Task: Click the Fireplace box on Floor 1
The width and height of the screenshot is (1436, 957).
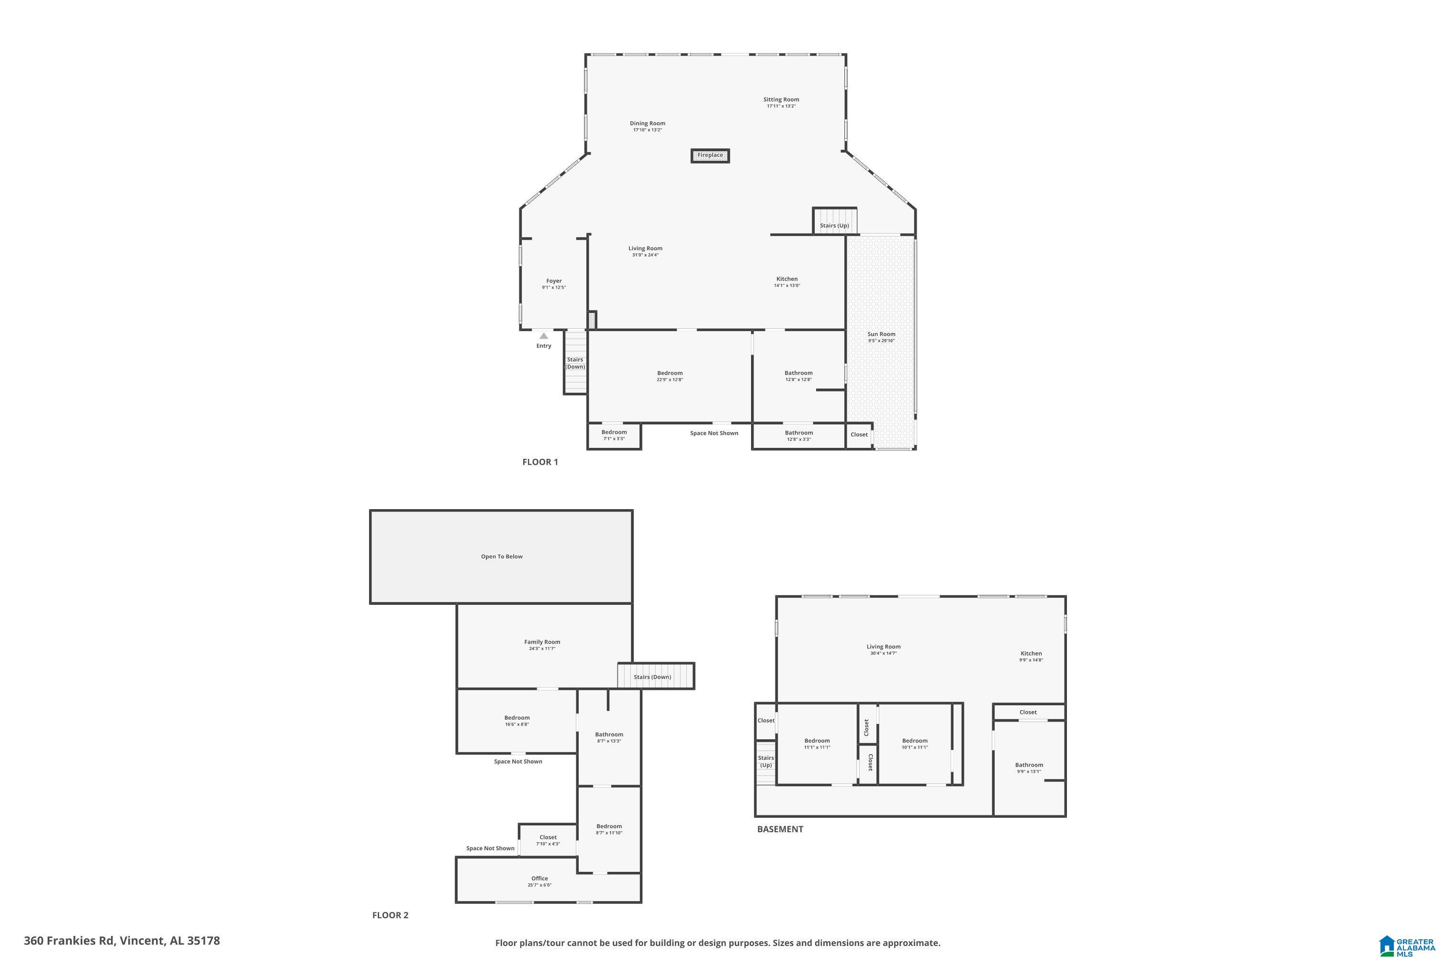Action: point(710,156)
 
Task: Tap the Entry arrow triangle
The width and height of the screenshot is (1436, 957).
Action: point(543,336)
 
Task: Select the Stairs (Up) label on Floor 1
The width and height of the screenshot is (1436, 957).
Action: point(834,226)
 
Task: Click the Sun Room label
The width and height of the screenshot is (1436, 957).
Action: point(881,334)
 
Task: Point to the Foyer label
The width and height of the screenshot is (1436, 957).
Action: point(554,281)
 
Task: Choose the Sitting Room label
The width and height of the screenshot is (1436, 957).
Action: point(781,100)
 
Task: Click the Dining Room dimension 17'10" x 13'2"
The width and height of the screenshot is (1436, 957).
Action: point(647,130)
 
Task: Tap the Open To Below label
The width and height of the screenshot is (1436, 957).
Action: point(501,556)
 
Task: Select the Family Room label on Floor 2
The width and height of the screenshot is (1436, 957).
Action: point(541,642)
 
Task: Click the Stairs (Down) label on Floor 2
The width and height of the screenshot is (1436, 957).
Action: point(652,677)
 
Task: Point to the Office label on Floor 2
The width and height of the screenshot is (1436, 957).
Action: point(539,878)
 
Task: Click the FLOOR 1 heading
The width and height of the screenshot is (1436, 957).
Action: point(540,462)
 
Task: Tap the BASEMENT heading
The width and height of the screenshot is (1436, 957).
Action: point(780,829)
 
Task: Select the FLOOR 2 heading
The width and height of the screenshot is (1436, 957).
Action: point(390,915)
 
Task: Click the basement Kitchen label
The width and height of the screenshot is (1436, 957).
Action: point(1031,653)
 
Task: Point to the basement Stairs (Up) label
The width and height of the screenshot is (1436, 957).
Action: point(765,761)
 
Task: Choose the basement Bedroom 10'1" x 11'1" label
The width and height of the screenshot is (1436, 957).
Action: point(914,741)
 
